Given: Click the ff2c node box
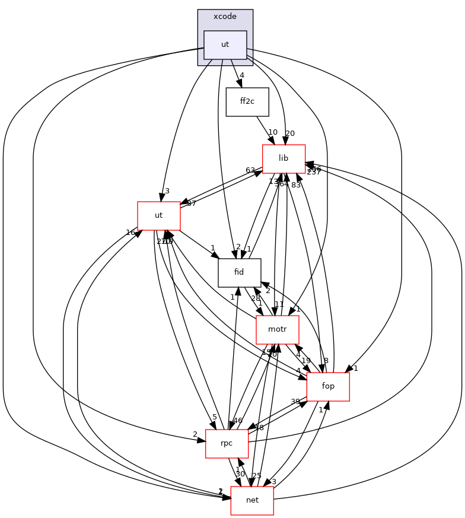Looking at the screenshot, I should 247,101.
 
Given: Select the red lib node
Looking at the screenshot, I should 284,158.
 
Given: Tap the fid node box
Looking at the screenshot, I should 239,272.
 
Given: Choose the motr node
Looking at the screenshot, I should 277,329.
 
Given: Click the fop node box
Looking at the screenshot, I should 327,386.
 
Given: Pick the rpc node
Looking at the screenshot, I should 226,443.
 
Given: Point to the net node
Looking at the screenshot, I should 251,500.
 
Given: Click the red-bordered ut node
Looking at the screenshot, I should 158,215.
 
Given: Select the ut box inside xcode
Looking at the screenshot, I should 225,45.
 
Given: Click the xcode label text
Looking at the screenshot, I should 225,17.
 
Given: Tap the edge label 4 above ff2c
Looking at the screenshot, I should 242,75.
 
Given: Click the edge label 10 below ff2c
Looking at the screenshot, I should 273,132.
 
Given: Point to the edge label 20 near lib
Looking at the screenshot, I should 290,134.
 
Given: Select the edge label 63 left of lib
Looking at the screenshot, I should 250,170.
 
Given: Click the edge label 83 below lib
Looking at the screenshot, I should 296,185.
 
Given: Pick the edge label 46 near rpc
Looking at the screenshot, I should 238,421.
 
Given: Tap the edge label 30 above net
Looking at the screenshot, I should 240,474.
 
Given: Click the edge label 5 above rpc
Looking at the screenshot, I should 215,417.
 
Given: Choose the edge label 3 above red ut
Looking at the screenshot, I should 167,191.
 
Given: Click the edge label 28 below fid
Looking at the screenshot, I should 256,298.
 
